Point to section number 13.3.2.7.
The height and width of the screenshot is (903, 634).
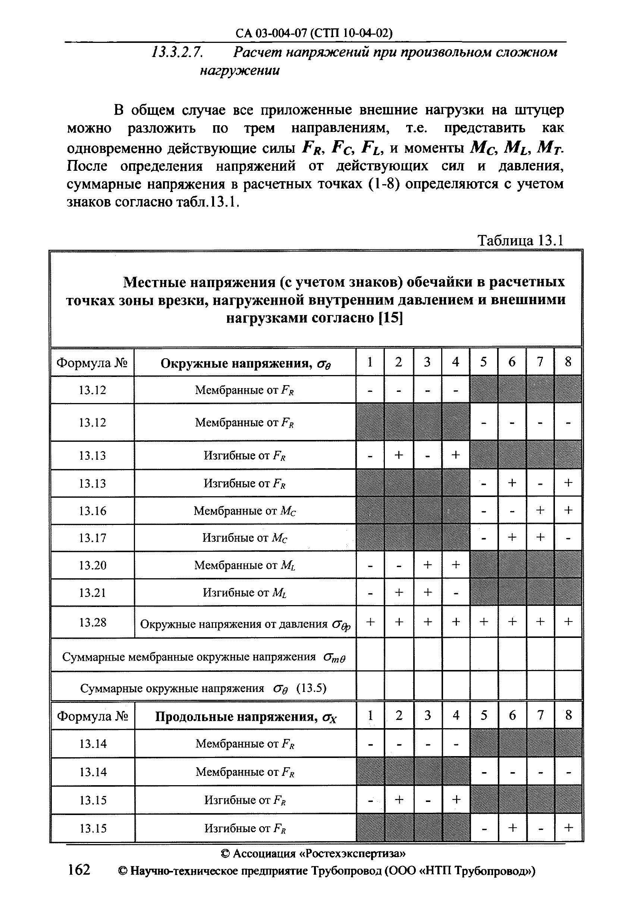(x=177, y=52)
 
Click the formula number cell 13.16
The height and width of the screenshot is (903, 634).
(x=92, y=511)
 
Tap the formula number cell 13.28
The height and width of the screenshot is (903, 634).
(x=92, y=622)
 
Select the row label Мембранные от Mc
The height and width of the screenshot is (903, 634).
(x=245, y=511)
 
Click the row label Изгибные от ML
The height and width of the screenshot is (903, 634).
(x=245, y=593)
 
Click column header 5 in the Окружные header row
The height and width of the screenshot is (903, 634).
(x=483, y=362)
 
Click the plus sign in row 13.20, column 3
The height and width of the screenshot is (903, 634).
(x=427, y=565)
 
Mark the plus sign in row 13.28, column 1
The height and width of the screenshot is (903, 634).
(x=370, y=622)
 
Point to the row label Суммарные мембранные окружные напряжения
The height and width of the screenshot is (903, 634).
(x=189, y=657)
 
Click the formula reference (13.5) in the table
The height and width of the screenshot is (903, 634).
(x=311, y=688)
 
